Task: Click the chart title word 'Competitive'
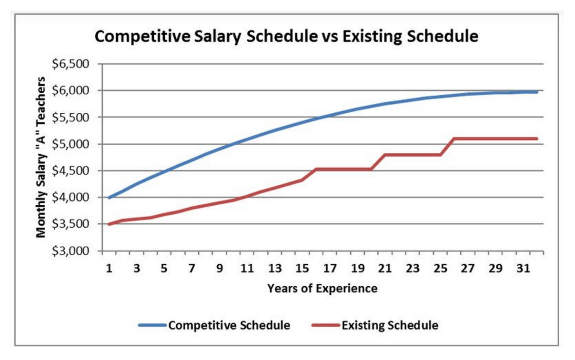point(142,36)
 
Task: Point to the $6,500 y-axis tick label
point(70,64)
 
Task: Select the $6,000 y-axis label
point(70,90)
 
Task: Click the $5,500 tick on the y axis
point(70,117)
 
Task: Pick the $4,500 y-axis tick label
point(70,171)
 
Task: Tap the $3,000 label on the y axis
point(70,251)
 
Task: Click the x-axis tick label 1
point(109,268)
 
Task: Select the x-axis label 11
point(247,268)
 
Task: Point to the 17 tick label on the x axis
point(330,268)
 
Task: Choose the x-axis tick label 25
point(440,268)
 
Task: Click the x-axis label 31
point(523,268)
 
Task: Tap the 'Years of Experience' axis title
point(322,289)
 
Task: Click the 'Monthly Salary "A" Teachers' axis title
point(41,157)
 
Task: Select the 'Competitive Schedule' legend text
point(229,325)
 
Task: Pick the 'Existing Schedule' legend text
point(390,325)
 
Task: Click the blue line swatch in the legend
point(152,325)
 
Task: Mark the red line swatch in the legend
point(326,325)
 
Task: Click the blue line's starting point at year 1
point(109,198)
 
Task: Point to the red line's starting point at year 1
point(109,224)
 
